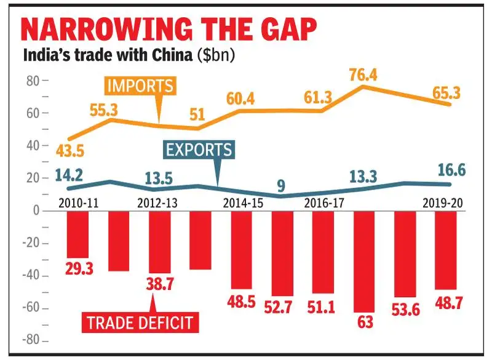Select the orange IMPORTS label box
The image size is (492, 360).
pyautogui.click(x=140, y=86)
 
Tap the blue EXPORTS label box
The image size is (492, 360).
pyautogui.click(x=198, y=149)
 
